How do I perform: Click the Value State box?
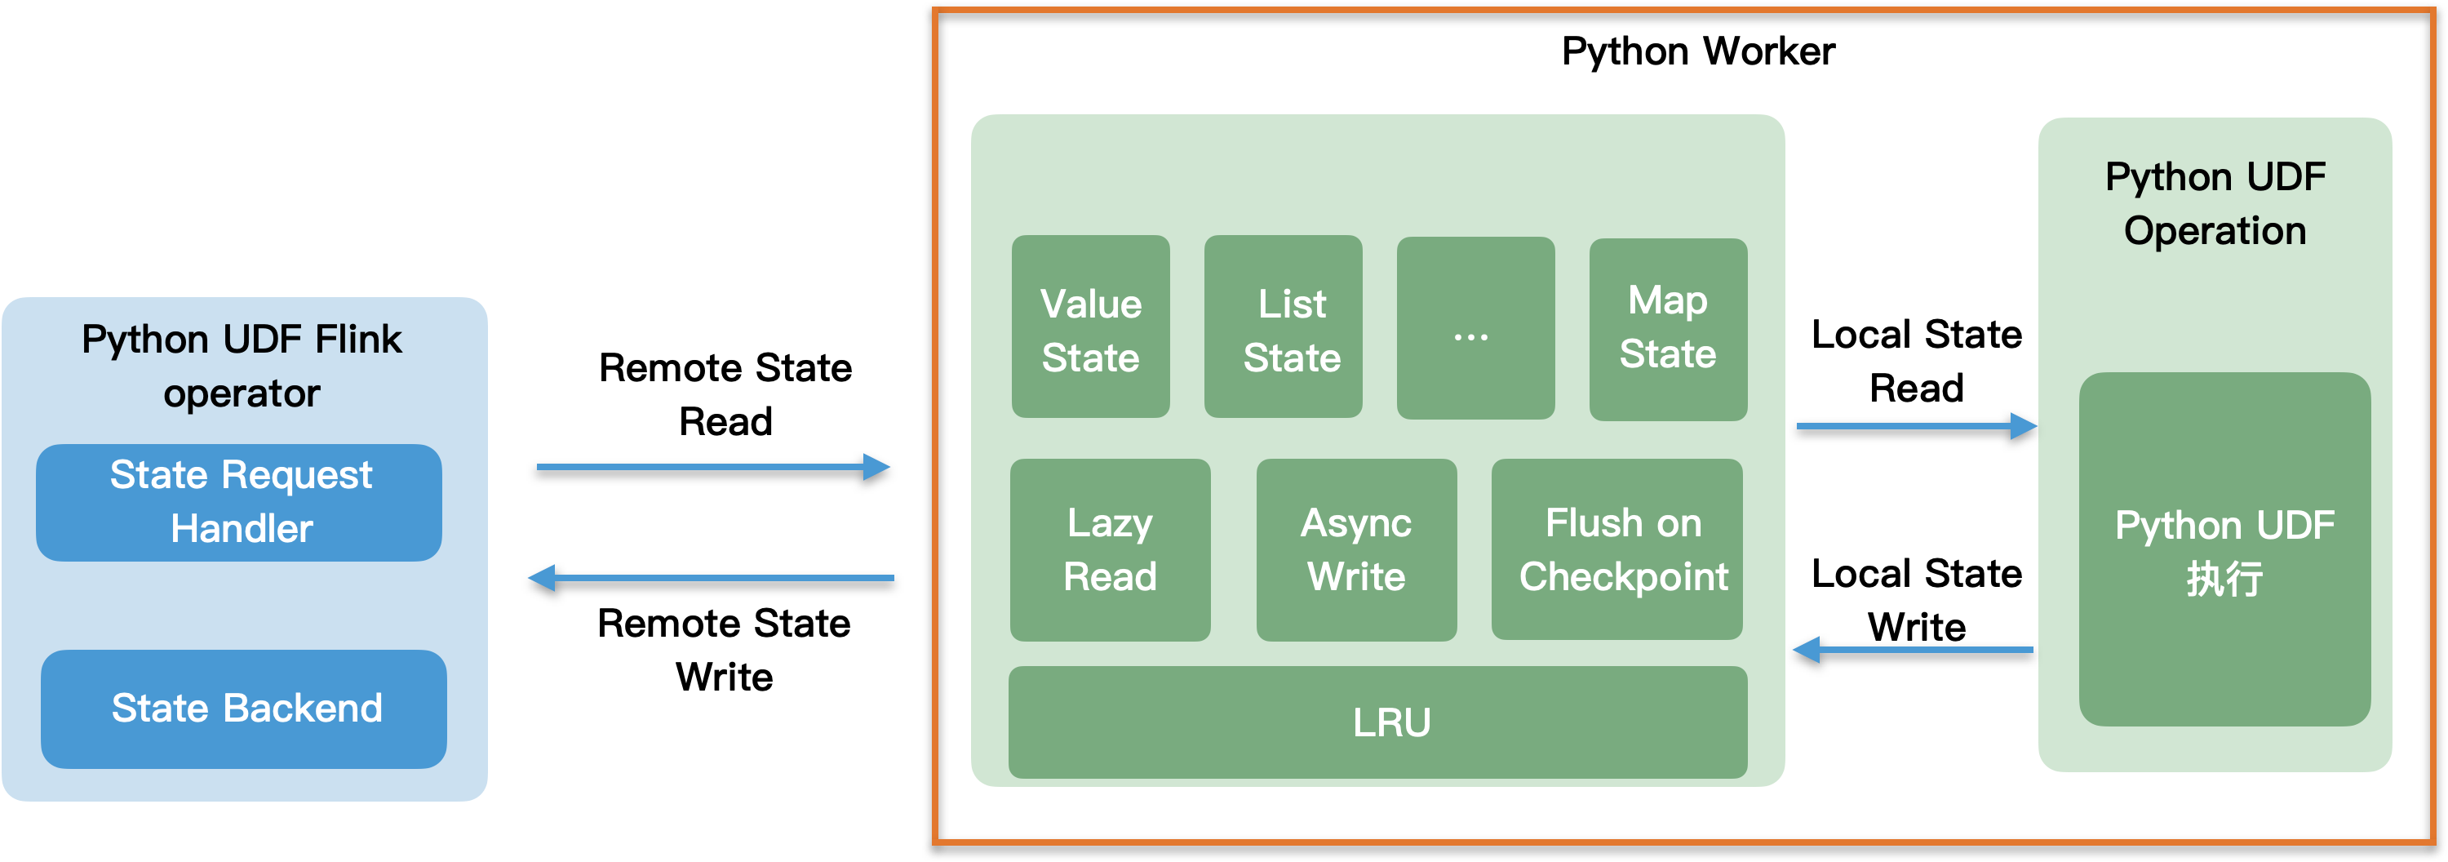[x=1090, y=327]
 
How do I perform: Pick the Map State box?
[x=1668, y=329]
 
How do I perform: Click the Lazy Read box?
[x=1109, y=550]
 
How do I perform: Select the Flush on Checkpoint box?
[x=1616, y=550]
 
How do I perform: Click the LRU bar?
[x=1377, y=722]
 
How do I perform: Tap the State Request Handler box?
[x=238, y=502]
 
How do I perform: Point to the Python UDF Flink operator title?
[x=242, y=366]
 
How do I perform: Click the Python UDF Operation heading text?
[x=2215, y=203]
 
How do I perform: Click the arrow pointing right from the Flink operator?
[x=712, y=467]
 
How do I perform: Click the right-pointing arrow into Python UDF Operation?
[x=1915, y=426]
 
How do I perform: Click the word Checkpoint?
[x=1623, y=578]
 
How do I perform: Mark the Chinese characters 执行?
[x=2224, y=580]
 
